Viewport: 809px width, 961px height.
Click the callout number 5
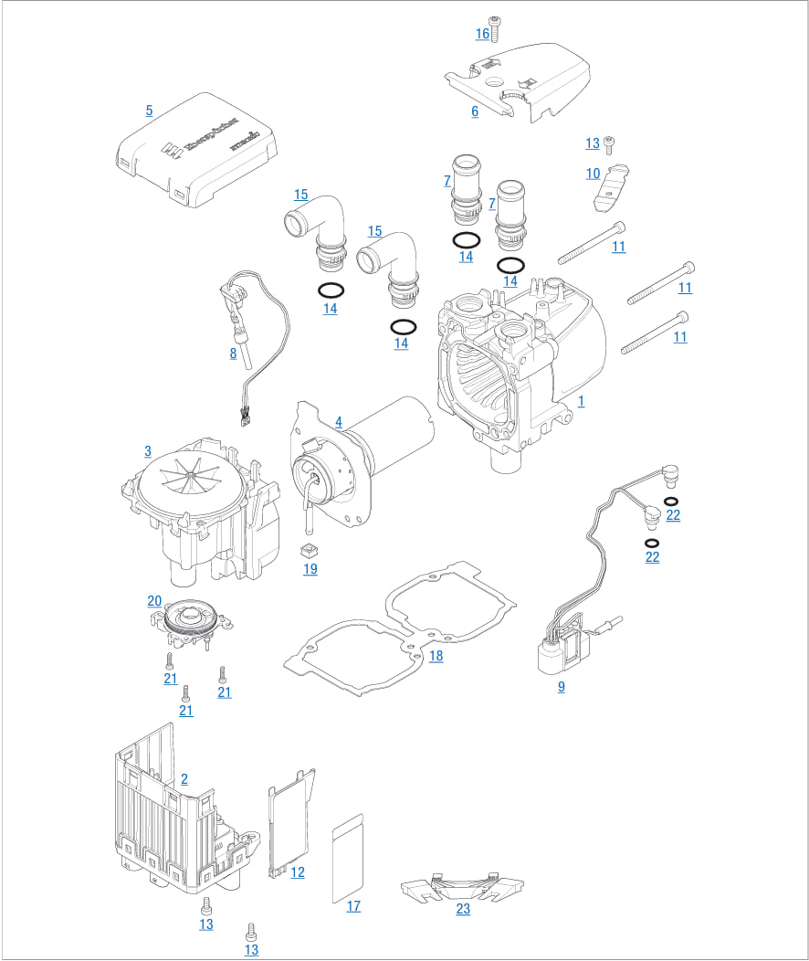point(149,111)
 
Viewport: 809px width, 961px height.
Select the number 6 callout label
point(475,111)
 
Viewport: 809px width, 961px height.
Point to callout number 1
point(582,401)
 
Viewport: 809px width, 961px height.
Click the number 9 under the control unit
point(562,686)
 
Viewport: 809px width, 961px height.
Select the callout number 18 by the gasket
point(436,656)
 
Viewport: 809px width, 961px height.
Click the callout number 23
point(464,909)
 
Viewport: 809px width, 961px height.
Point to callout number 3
point(148,451)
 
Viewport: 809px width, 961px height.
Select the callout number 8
point(233,354)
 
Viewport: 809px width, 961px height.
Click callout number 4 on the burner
point(339,422)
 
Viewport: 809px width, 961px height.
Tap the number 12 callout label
point(298,872)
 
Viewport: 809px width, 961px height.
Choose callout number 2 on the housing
point(184,779)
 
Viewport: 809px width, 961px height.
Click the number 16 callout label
point(482,34)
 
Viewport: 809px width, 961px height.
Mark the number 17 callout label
point(353,906)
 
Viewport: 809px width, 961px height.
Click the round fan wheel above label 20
point(192,617)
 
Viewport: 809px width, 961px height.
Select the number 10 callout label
point(593,174)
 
